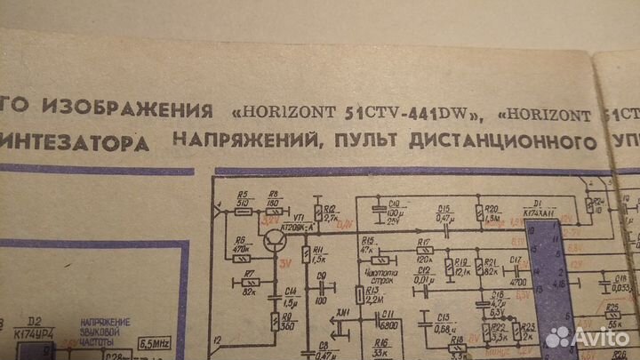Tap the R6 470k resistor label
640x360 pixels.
click(239, 245)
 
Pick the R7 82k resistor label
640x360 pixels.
click(250, 276)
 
